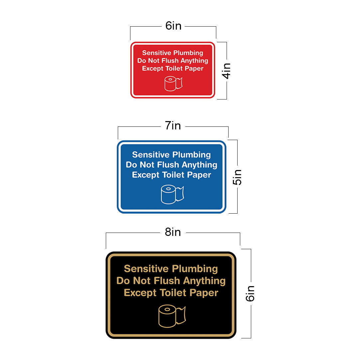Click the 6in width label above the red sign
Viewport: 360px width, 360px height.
click(x=173, y=26)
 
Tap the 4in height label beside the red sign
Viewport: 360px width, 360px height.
click(x=226, y=71)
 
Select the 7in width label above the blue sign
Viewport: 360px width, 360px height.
click(x=173, y=126)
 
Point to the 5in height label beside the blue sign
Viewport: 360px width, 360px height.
click(x=237, y=177)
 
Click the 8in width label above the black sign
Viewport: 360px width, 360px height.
click(x=173, y=232)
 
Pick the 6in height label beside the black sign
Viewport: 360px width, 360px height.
click(x=250, y=293)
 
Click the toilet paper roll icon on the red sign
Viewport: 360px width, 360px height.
click(x=173, y=84)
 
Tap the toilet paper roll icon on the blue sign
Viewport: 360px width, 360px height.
click(x=172, y=194)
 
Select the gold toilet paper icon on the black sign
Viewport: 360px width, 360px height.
click(x=172, y=316)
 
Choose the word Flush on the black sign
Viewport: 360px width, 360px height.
click(x=167, y=280)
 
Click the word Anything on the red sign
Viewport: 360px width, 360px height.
click(x=194, y=61)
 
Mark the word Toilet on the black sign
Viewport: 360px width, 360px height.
click(x=173, y=292)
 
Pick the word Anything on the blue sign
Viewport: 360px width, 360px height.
click(x=199, y=165)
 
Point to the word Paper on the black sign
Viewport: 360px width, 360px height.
click(x=204, y=293)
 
